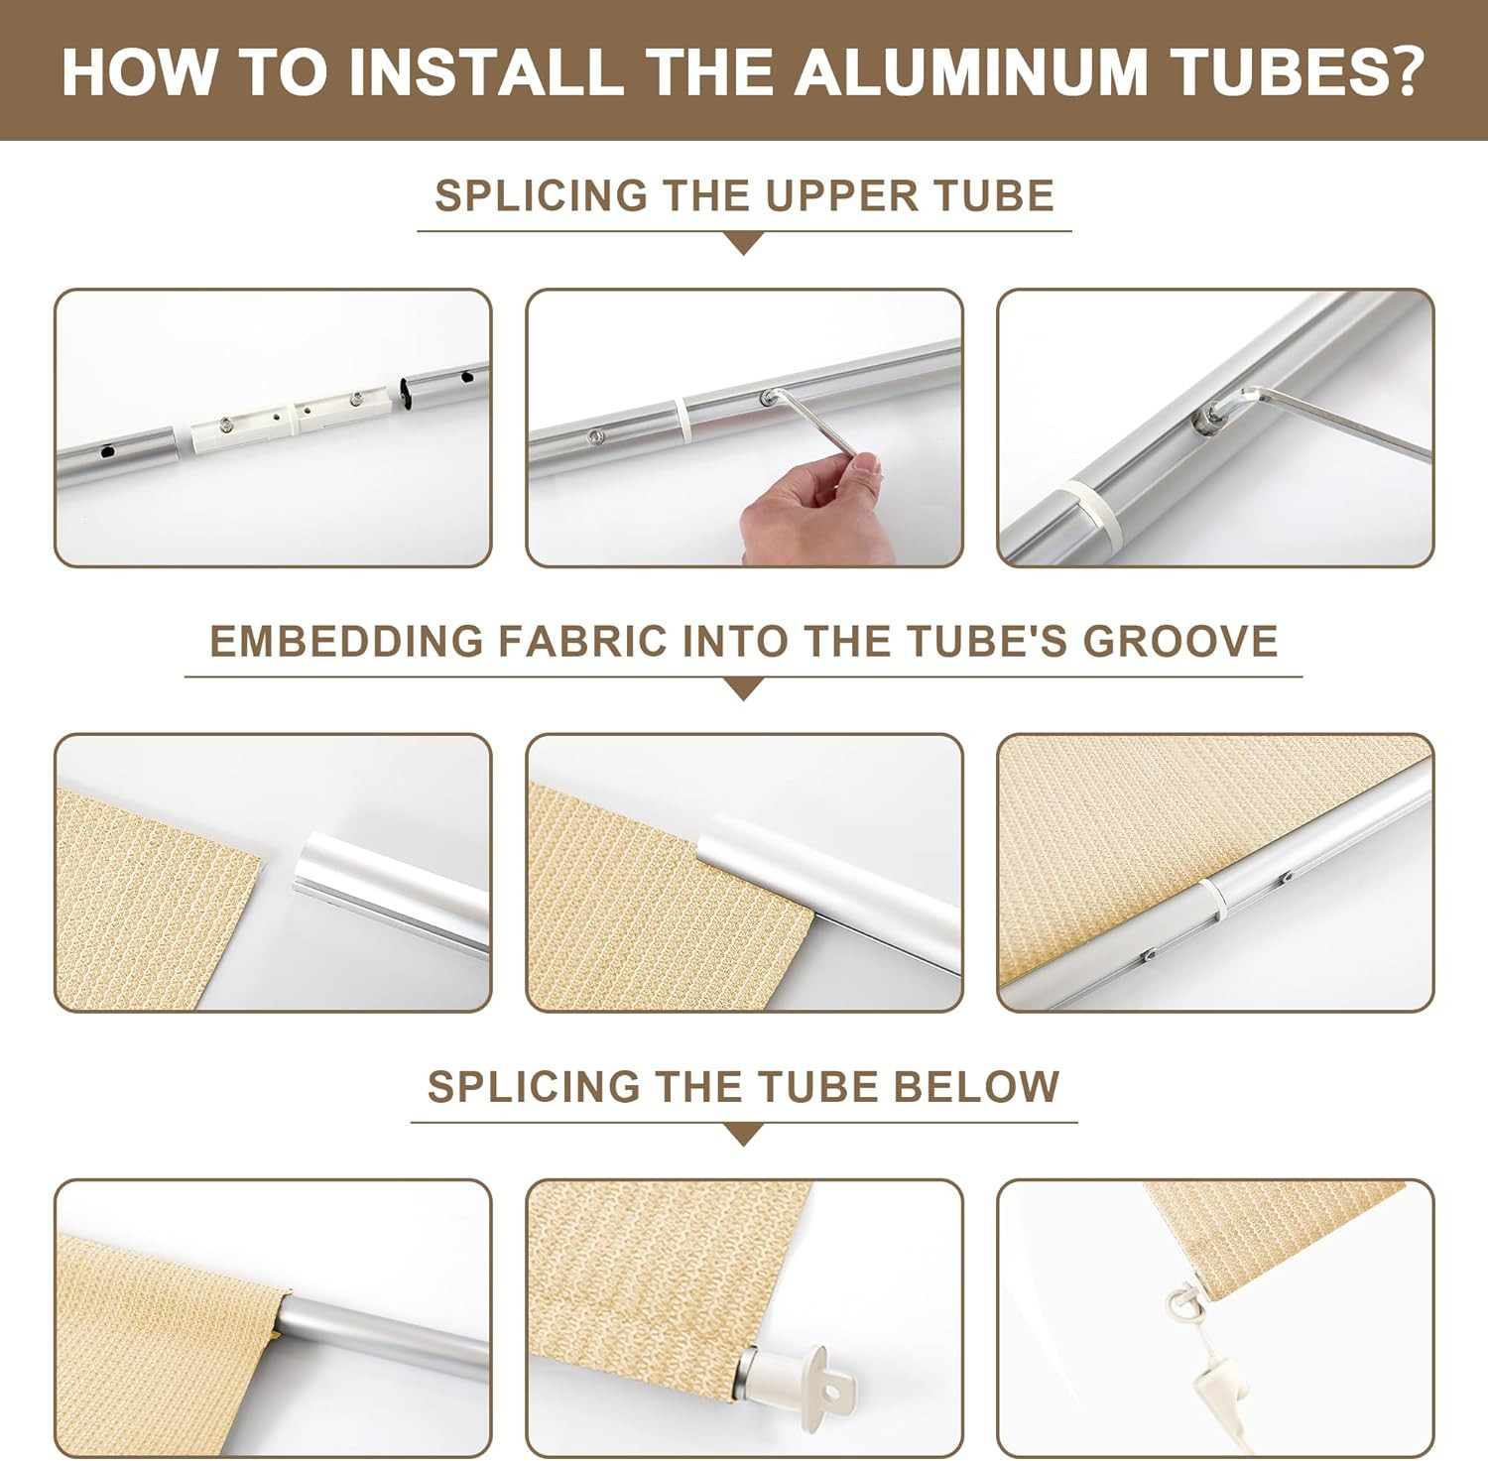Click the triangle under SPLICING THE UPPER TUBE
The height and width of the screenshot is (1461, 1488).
click(743, 244)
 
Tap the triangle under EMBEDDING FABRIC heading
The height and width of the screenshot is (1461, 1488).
click(743, 689)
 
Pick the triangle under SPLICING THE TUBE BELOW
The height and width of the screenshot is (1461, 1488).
click(743, 1135)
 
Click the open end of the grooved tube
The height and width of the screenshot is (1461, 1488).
click(315, 863)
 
